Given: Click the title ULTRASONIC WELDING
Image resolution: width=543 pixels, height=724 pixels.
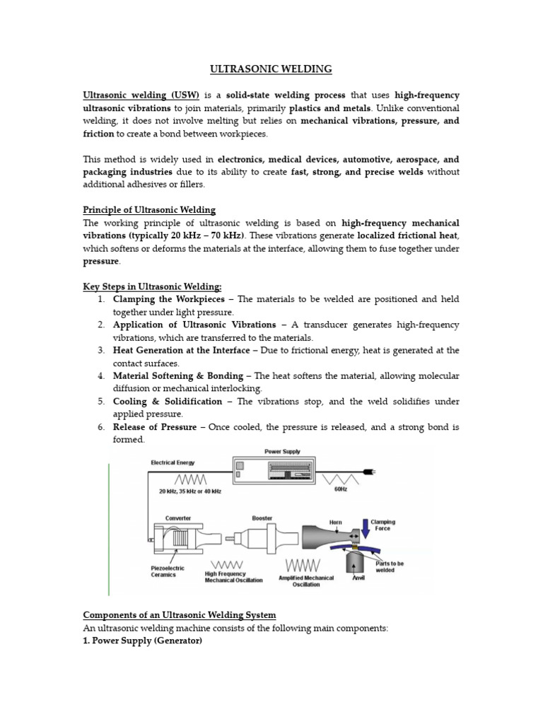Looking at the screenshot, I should click(x=271, y=69).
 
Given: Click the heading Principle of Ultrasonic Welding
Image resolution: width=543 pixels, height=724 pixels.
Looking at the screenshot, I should click(x=149, y=210).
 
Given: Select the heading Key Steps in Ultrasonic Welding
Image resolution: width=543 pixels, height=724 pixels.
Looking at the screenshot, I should click(x=152, y=286).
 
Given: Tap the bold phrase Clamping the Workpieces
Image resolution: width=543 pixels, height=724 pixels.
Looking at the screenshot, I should click(x=168, y=299).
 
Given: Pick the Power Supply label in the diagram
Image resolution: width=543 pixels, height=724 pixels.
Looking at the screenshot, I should click(x=281, y=450).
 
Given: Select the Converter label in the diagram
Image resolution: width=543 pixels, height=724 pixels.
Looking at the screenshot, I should click(x=177, y=518).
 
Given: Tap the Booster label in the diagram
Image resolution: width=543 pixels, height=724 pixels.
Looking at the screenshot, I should click(x=262, y=518).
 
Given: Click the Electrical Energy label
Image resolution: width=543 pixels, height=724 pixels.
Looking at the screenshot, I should click(x=173, y=463).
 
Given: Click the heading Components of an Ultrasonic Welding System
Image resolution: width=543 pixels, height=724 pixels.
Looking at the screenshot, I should click(x=180, y=614).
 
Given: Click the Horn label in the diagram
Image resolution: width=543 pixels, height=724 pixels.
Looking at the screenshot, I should click(x=336, y=522).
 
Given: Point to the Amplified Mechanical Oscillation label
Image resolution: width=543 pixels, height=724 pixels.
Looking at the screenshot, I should click(x=306, y=580).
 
